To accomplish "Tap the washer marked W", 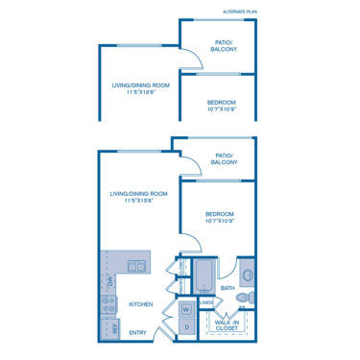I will (188, 309).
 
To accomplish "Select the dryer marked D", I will (188, 327).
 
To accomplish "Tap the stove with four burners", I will (108, 305).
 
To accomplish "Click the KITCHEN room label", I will (142, 304).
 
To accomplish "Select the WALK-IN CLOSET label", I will (228, 325).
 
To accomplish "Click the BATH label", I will (228, 288).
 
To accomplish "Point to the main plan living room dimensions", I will (139, 201).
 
